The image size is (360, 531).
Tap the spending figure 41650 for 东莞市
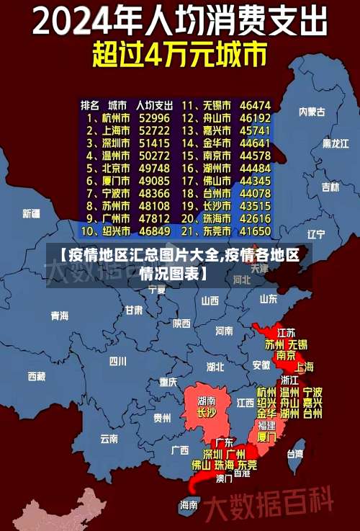pyautogui.click(x=256, y=232)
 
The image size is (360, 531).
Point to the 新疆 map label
pyautogui.click(x=31, y=213)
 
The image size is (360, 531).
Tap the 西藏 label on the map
pyautogui.click(x=36, y=376)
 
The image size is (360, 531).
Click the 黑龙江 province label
pyautogui.click(x=336, y=143)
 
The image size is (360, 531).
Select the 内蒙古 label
pyautogui.click(x=312, y=112)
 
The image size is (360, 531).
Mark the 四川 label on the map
pyautogui.click(x=117, y=361)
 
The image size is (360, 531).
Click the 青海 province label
pyautogui.click(x=59, y=316)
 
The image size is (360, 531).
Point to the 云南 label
pyautogui.click(x=109, y=438)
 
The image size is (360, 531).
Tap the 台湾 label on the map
pyautogui.click(x=295, y=454)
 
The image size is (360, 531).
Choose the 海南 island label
pyautogui.click(x=189, y=504)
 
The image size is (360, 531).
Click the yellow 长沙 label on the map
pyautogui.click(x=207, y=413)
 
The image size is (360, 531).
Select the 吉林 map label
pyautogui.click(x=330, y=187)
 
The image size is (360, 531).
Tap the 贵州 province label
pyautogui.click(x=162, y=417)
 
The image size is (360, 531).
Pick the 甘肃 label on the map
pyautogui.click(x=134, y=311)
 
